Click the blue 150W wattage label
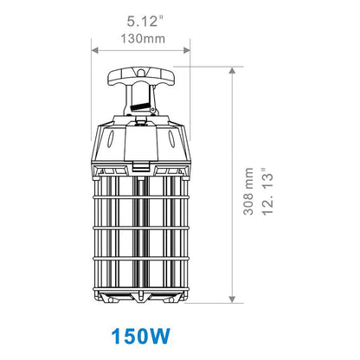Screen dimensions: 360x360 click(x=140, y=335)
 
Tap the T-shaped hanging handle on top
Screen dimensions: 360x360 click(x=137, y=79)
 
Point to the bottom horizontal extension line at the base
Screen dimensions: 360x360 click(x=208, y=303)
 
